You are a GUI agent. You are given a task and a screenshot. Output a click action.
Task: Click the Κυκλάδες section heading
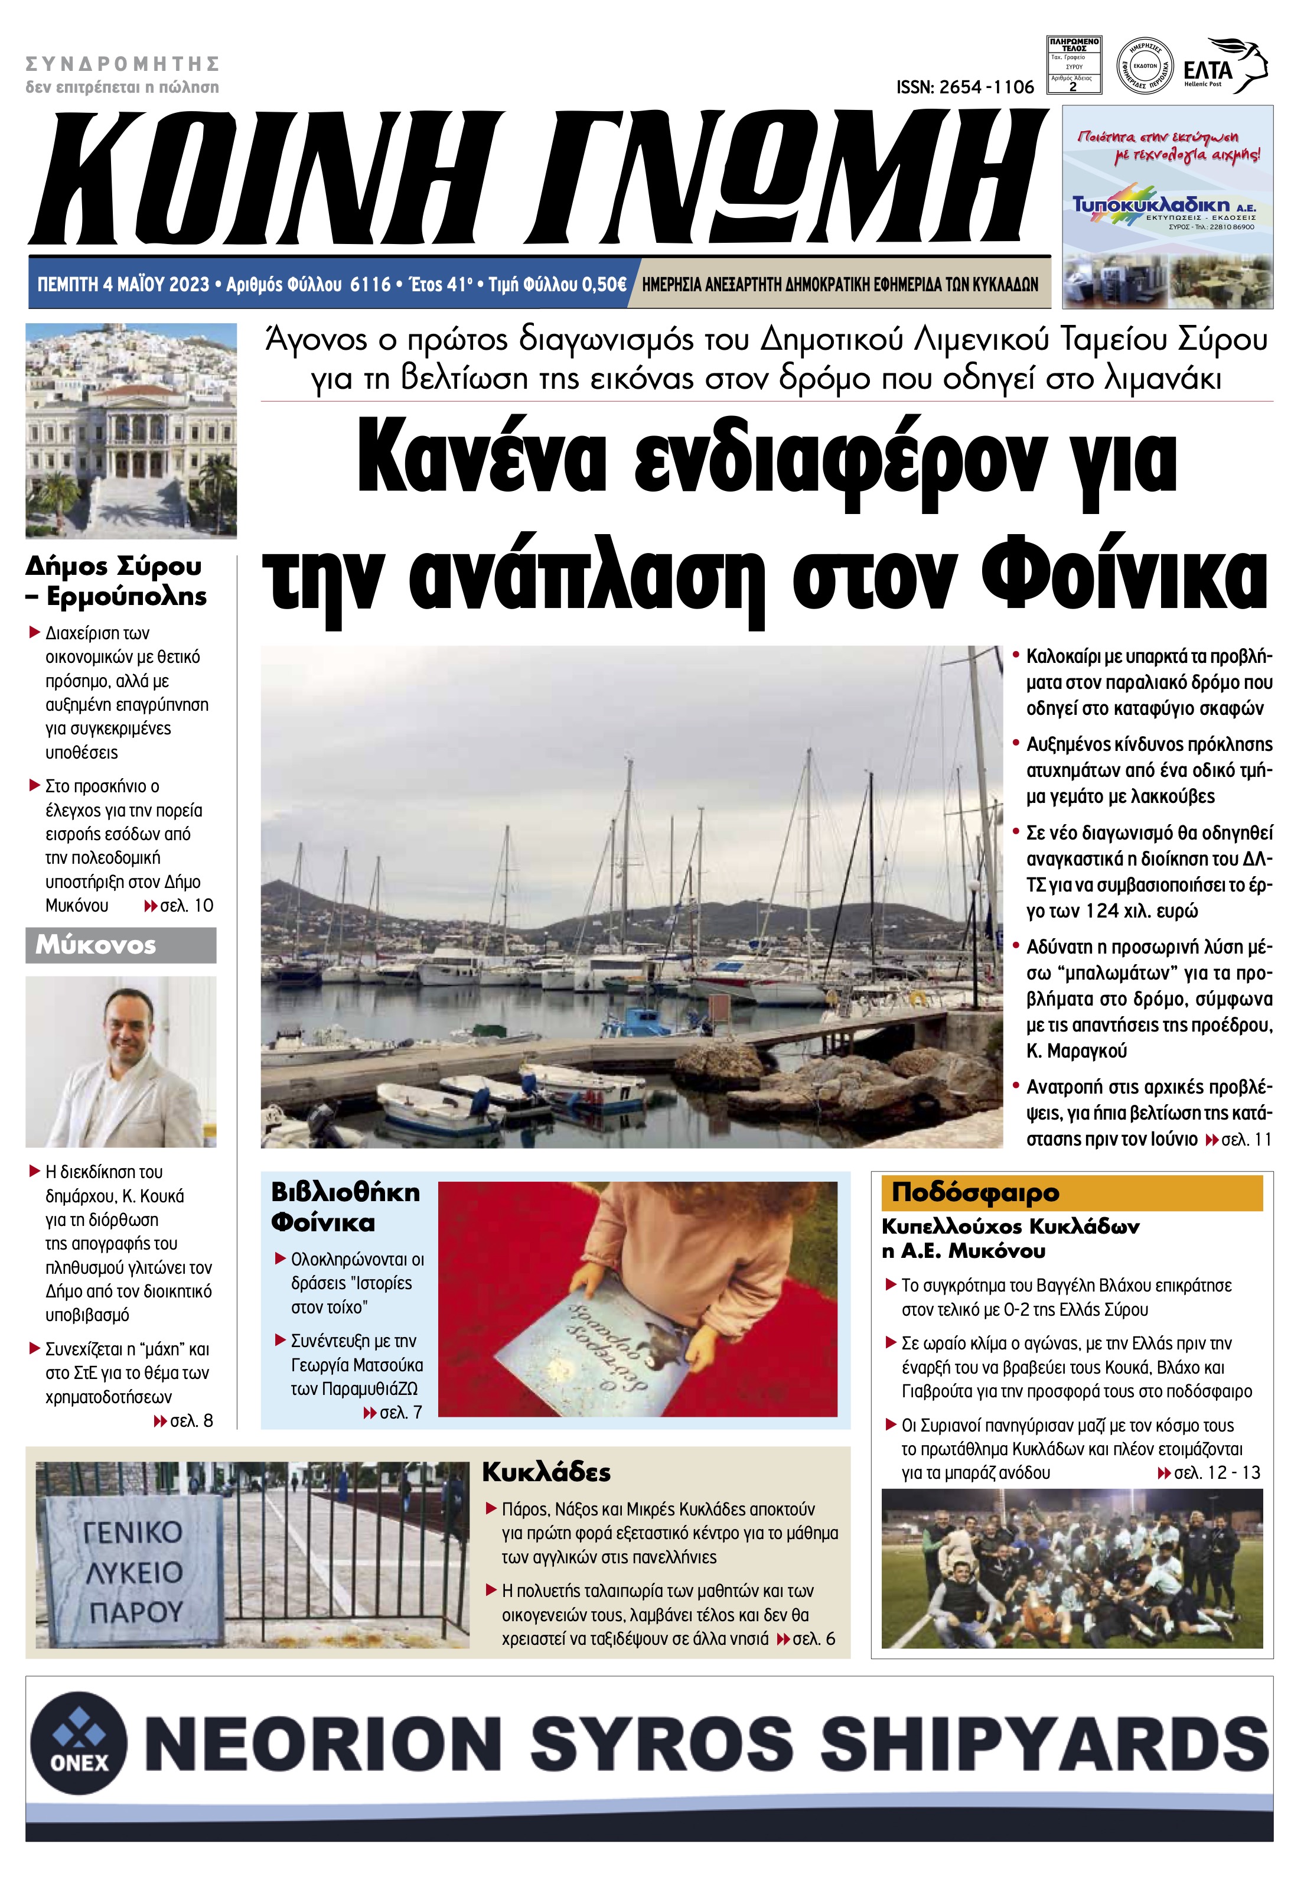(x=546, y=1472)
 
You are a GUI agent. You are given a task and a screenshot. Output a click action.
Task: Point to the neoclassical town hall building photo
(x=131, y=431)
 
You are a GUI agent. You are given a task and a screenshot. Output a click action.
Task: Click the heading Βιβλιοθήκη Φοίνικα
(x=345, y=1206)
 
